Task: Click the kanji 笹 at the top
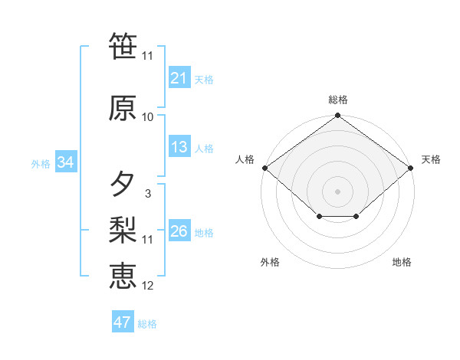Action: (123, 45)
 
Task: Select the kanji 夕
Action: (123, 185)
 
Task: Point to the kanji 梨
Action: (123, 229)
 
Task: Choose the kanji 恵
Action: (123, 275)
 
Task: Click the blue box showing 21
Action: (179, 78)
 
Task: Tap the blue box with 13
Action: (179, 148)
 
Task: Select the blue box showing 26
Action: (179, 231)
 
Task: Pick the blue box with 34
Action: (65, 162)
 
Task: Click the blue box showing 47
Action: (122, 322)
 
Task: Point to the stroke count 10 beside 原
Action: (148, 116)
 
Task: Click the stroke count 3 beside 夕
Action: (147, 194)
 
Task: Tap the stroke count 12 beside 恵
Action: (148, 286)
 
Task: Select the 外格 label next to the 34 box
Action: (41, 163)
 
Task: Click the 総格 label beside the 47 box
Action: (147, 323)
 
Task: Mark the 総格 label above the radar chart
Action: (337, 100)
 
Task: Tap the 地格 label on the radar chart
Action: (402, 262)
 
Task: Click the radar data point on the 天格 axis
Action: (412, 168)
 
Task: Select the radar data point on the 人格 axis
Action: (264, 168)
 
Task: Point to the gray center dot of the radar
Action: (337, 190)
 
